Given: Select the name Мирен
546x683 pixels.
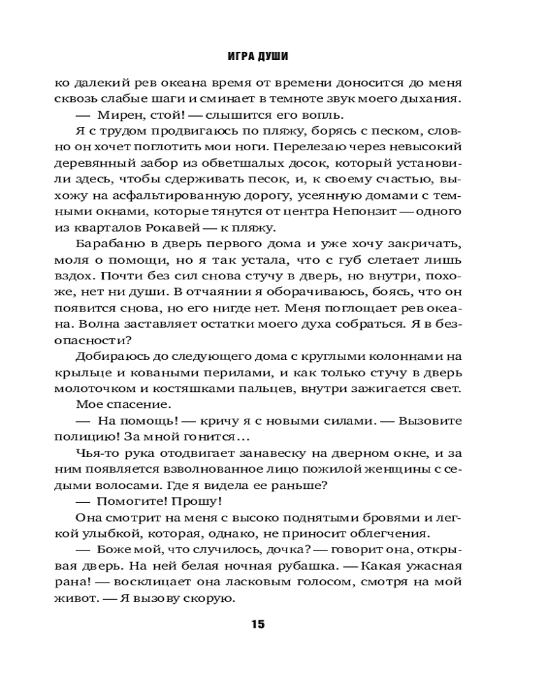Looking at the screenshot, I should tap(116, 114).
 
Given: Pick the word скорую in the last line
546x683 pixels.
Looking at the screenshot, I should tap(212, 600).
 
